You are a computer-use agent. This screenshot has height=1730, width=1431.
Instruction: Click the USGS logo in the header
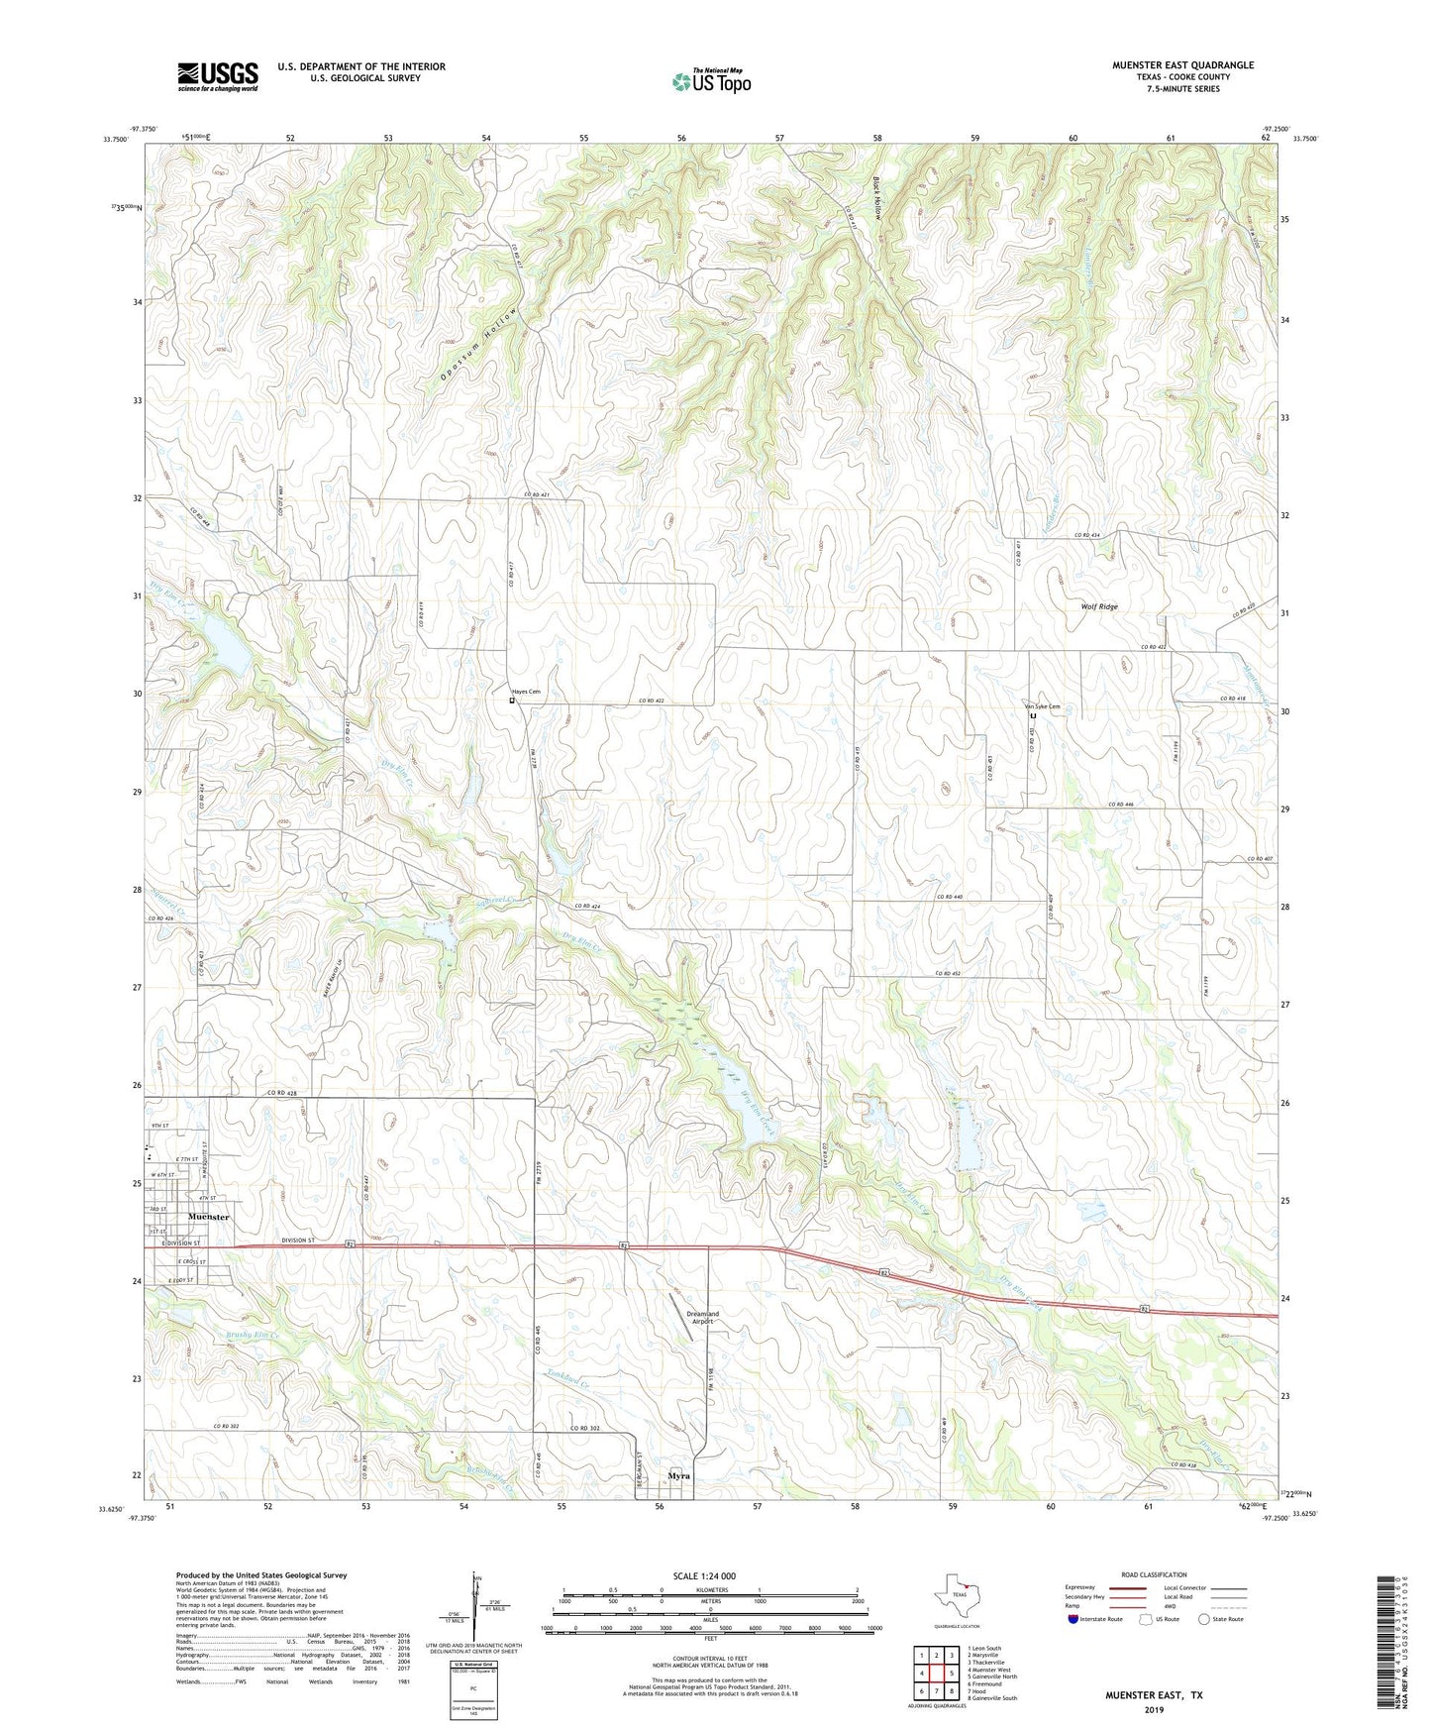[218, 76]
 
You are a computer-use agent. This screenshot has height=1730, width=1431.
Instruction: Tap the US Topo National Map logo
[711, 81]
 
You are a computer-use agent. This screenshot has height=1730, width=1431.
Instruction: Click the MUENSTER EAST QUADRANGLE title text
[1182, 65]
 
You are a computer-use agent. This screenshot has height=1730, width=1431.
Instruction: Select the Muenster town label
[208, 1217]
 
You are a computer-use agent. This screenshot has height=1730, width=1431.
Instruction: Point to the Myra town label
[678, 1475]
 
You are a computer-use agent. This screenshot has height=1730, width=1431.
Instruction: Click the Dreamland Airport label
[703, 1318]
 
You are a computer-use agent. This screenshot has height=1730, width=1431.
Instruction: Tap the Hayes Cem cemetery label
[526, 692]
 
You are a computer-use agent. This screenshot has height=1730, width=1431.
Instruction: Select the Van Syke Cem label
[1042, 706]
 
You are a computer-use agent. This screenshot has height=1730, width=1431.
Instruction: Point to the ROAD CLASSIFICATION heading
[1154, 1574]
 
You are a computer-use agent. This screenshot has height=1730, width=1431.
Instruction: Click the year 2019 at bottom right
[1154, 1709]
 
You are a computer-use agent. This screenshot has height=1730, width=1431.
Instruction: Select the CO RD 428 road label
[281, 1093]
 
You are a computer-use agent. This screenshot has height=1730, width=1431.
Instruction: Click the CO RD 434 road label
[1087, 535]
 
